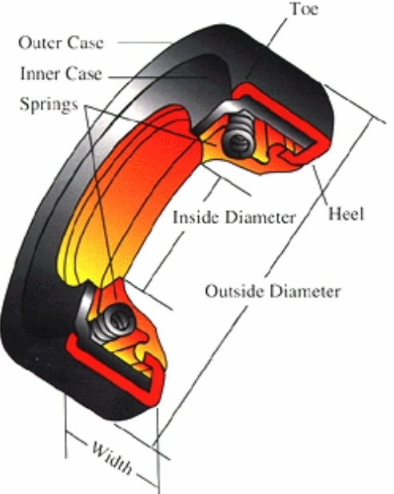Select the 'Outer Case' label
62,42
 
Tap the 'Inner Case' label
62,74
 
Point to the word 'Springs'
50,104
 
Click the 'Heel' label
346,214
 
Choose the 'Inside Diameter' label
234,217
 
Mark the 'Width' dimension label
110,456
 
